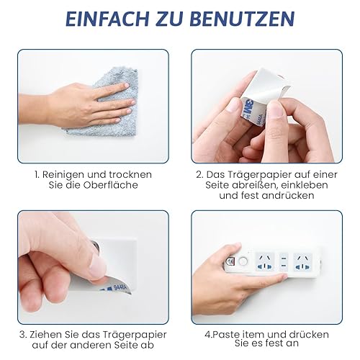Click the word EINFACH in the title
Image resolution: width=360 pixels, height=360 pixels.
click(107, 19)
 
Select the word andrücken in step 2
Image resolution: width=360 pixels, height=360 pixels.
click(288, 195)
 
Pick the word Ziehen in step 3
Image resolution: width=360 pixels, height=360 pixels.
click(44, 335)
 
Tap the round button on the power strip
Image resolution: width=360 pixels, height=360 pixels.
click(243, 261)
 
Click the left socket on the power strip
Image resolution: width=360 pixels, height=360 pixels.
click(265, 262)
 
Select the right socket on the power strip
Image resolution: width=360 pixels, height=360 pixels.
click(302, 262)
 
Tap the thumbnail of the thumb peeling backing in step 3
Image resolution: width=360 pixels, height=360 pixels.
click(98, 267)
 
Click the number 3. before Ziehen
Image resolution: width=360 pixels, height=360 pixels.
click(23, 335)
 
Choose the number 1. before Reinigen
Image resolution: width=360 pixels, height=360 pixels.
click(37, 175)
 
